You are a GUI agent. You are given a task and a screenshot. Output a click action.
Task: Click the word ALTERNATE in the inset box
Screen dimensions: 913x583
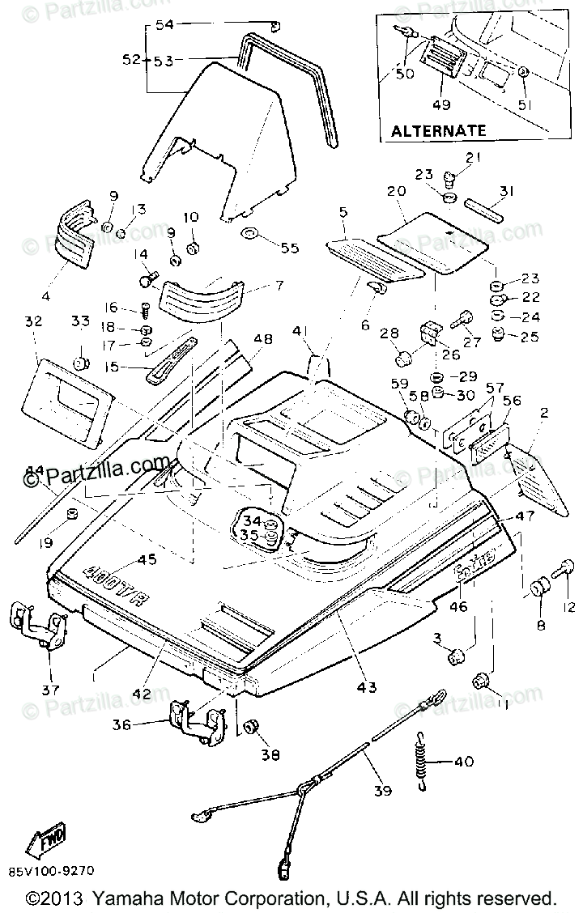click(438, 130)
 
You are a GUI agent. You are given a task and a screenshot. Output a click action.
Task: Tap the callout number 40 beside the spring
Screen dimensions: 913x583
click(462, 762)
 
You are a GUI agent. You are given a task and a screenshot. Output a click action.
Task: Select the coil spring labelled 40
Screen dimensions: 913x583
click(421, 762)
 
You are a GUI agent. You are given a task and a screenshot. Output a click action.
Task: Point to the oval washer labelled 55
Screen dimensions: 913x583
click(249, 235)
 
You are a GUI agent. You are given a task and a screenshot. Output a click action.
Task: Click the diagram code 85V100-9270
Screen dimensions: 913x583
click(53, 872)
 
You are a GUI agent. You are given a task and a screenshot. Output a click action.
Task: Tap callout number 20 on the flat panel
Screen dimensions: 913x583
click(396, 193)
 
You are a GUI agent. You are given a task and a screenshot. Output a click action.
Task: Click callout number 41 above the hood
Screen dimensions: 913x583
click(301, 331)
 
